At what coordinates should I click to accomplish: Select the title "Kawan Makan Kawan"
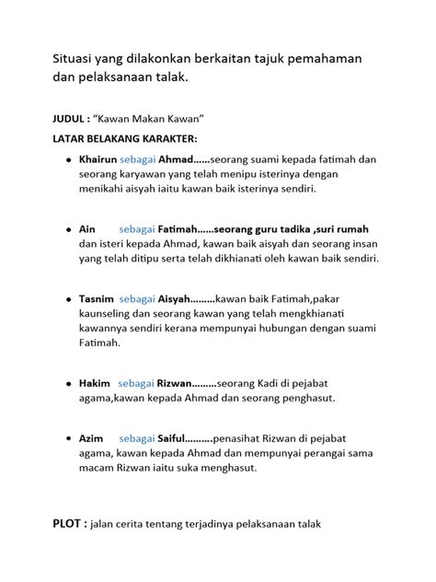(x=148, y=119)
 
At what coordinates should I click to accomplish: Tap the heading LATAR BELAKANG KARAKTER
(x=111, y=138)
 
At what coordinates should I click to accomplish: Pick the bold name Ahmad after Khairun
(x=178, y=158)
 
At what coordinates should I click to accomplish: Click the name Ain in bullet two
(x=88, y=227)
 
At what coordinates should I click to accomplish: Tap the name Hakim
(x=95, y=381)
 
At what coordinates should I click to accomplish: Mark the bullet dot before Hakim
(x=68, y=382)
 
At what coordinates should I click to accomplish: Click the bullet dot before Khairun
(x=68, y=159)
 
